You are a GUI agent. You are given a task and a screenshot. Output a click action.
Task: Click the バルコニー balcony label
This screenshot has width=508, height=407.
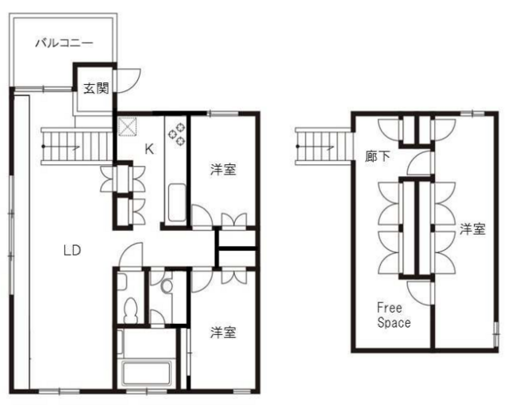pos(64,43)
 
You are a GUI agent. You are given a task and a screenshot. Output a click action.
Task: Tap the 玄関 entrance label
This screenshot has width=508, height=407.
pos(96,88)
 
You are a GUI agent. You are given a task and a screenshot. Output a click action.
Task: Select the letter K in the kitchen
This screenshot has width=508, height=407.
pos(149,149)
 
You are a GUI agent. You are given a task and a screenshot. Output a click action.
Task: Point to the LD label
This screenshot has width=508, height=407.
pos(72,250)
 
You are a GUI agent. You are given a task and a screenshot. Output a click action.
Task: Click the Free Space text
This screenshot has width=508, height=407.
pos(394,315)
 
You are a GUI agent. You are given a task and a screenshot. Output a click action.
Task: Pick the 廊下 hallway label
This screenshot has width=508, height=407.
pos(378,157)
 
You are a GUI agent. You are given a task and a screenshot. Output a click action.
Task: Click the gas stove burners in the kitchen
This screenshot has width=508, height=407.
pos(177,133)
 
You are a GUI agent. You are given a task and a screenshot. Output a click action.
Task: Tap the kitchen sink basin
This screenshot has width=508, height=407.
pos(177,203)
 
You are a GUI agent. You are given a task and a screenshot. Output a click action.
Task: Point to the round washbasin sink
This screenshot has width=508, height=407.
pos(167,286)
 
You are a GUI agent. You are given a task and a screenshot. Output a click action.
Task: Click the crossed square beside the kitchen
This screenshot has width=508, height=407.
pos(127,126)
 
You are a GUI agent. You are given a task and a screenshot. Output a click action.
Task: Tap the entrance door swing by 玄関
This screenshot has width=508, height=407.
pos(129,81)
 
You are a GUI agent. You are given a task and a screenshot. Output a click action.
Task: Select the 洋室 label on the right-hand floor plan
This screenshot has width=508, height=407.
pos(473,229)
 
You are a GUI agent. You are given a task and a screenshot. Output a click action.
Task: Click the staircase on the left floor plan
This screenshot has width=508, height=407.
pos(76,146)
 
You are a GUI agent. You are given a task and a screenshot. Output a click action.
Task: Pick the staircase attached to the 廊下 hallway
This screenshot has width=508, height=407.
pos(324,146)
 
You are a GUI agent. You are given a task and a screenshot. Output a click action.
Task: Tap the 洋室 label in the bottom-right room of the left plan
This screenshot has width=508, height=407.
pos(223,332)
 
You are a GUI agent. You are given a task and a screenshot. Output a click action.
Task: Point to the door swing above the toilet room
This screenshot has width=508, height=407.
pos(130,255)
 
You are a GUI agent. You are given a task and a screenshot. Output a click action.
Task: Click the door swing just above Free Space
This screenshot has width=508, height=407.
pos(420,292)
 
